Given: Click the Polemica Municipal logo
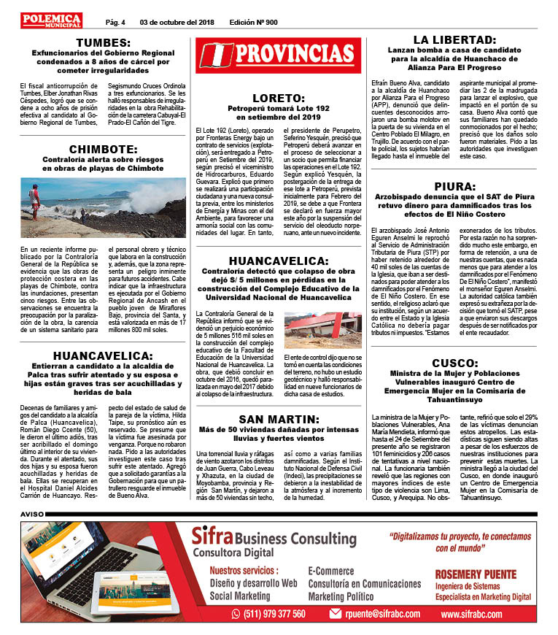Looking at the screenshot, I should click(52, 20).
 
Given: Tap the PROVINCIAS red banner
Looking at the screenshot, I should click(278, 55).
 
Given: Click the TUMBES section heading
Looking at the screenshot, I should click(103, 42).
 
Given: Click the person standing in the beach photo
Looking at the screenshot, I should click(34, 201).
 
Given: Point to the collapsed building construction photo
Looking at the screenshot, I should click(322, 331).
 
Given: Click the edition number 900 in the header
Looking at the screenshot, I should click(253, 22).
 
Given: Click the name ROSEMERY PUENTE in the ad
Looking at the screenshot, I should click(475, 574).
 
